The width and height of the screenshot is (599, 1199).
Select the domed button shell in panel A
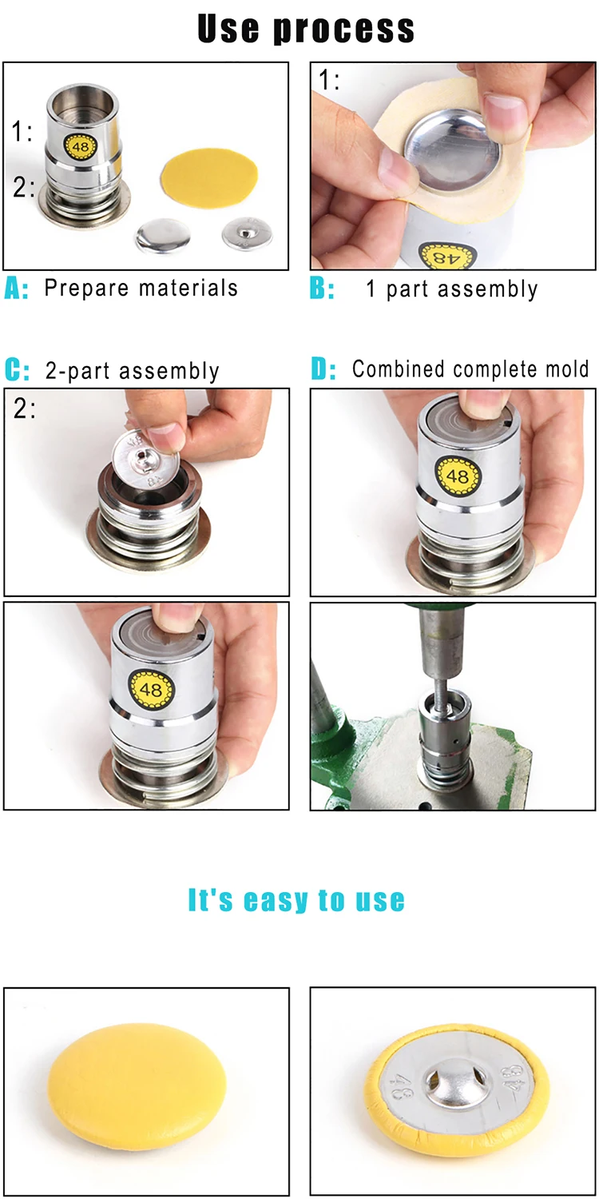click(163, 235)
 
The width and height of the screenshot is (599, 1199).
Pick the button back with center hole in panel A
click(247, 233)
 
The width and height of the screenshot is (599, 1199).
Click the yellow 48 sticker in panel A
click(80, 146)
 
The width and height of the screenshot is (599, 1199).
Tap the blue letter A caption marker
click(16, 289)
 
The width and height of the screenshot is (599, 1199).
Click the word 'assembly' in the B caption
click(487, 289)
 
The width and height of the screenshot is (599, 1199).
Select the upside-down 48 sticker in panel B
click(446, 256)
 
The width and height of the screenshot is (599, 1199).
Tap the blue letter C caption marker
click(17, 370)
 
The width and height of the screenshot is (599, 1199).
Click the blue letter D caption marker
click(323, 369)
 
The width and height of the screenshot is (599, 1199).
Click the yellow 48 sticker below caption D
click(458, 476)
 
